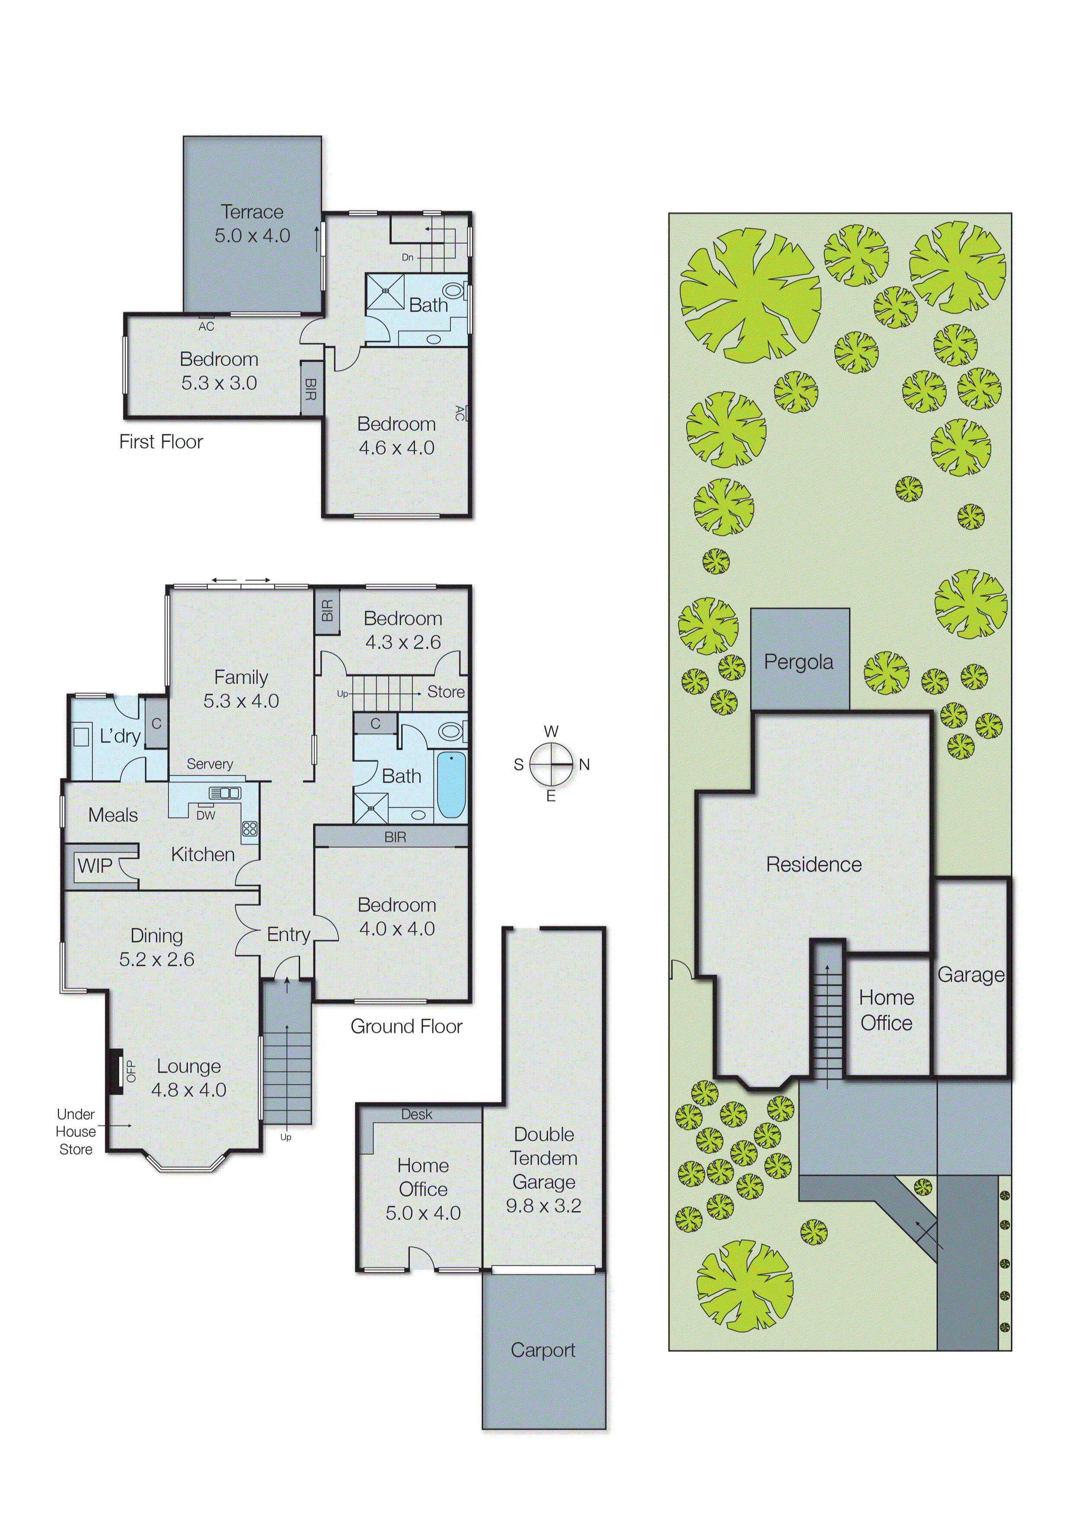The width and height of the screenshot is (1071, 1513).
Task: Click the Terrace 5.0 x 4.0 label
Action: pos(252,224)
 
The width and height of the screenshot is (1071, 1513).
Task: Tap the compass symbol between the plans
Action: pos(551,764)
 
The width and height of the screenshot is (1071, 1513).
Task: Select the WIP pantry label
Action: pos(95,866)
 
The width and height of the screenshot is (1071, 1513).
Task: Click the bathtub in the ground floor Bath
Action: pos(451,785)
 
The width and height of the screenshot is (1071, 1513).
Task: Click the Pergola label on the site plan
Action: pos(798,662)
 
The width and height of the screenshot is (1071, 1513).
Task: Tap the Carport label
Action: pos(543,1350)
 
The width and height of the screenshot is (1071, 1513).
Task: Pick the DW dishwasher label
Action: pos(206,815)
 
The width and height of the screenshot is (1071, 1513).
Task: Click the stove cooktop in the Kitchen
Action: pos(250,829)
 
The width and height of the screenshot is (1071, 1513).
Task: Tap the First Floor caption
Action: pos(161,442)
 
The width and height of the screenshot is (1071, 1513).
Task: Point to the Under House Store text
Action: pos(76,1131)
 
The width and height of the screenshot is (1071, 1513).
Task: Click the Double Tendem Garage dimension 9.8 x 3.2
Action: pos(543,1206)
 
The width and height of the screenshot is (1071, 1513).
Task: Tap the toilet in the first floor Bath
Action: pos(454,290)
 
